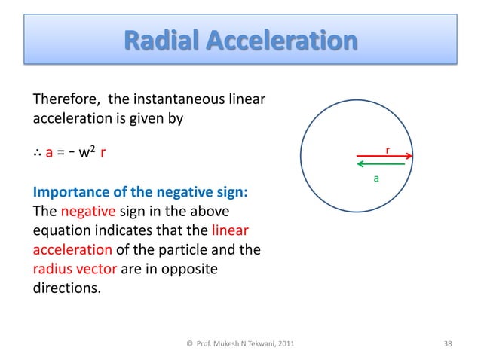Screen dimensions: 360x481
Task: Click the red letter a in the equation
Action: pyautogui.click(x=50, y=154)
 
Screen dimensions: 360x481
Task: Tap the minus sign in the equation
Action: pyautogui.click(x=74, y=153)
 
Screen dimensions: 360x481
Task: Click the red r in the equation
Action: pyautogui.click(x=103, y=154)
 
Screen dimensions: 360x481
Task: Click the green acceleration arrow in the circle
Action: pyautogui.click(x=381, y=165)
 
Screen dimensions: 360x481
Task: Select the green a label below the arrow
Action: pyautogui.click(x=376, y=178)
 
